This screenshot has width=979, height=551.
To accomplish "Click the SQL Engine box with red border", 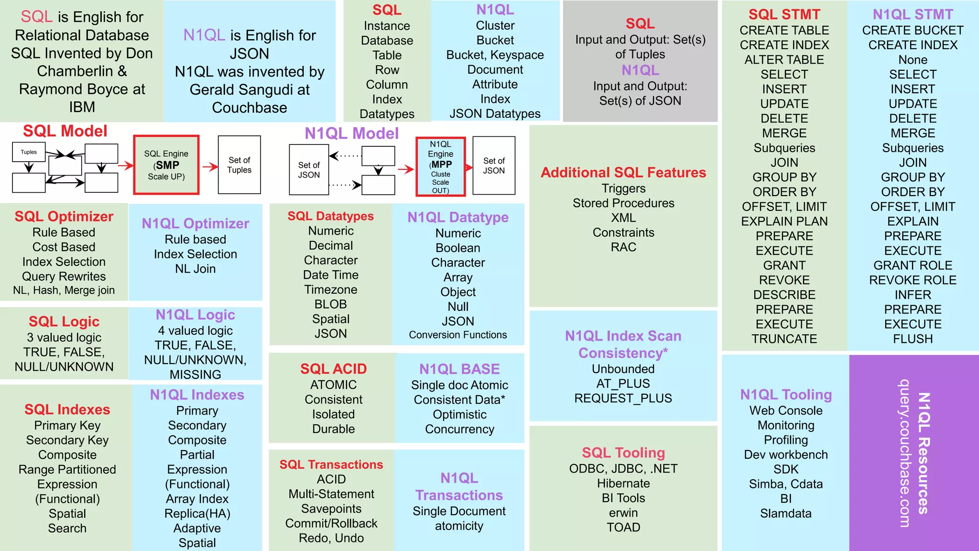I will tap(166, 165).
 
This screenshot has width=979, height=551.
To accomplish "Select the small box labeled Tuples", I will tap(29, 152).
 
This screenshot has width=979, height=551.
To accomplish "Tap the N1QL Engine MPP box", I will tap(440, 167).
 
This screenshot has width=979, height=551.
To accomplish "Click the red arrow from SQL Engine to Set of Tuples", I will tap(210, 166).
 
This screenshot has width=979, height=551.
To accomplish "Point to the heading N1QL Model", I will tap(351, 133).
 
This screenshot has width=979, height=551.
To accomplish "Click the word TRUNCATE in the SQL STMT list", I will tap(784, 339).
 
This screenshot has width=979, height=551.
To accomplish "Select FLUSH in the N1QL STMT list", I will tap(913, 339).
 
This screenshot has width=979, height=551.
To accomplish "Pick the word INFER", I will tap(913, 295).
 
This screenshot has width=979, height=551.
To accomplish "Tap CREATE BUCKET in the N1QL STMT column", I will tap(913, 30).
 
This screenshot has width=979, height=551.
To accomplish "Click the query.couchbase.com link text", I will tap(903, 453).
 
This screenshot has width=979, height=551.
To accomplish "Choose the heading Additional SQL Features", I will tap(623, 172).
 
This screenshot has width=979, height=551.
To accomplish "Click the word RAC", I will tap(623, 247).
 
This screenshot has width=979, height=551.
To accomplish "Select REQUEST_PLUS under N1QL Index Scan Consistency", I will tap(623, 398).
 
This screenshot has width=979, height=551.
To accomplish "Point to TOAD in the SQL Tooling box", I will tap(623, 527).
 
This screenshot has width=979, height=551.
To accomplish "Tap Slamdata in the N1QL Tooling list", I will tap(785, 513).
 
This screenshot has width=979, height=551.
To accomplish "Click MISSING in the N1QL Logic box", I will tap(195, 374).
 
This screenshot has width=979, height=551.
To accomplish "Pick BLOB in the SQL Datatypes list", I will tap(330, 304).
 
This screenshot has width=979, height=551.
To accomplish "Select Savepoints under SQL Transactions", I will tap(331, 508).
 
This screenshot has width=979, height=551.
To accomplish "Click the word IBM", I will tap(82, 107).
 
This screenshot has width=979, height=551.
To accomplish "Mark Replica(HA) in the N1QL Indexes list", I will tap(197, 513).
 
